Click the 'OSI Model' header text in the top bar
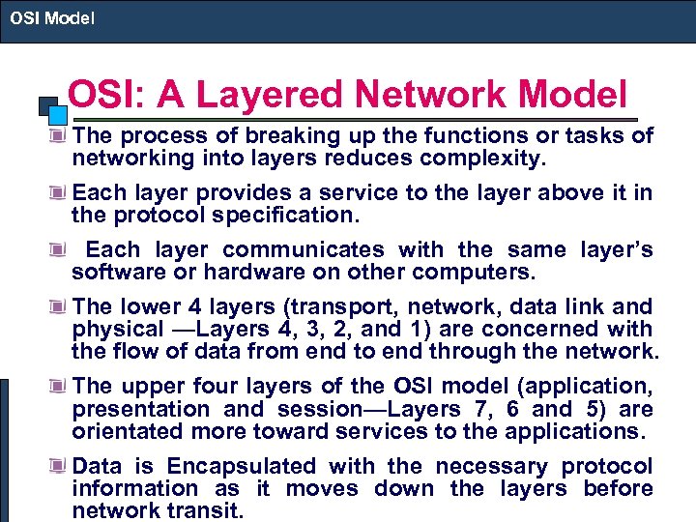pos(53,16)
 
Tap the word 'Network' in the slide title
pos(441,96)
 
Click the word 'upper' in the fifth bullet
pos(150,387)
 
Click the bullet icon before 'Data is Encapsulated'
pos(61,466)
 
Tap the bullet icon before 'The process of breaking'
pos(61,136)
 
